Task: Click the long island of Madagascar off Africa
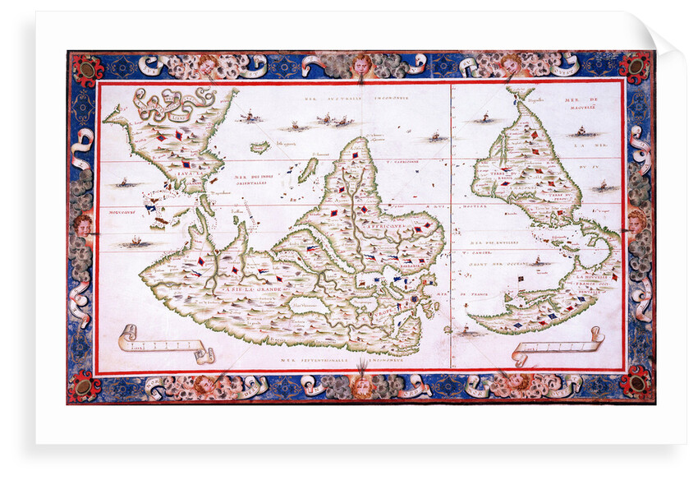[307, 171]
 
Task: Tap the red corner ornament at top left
[86, 67]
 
